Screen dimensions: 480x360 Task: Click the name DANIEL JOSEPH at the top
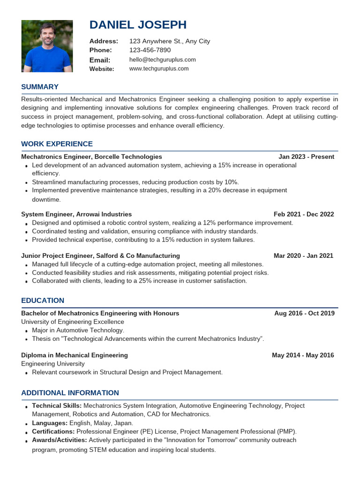138,25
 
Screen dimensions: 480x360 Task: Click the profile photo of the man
47,46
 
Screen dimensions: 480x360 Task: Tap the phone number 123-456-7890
150,50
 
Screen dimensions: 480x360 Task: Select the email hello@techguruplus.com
162,60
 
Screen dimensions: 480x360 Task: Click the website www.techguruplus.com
158,68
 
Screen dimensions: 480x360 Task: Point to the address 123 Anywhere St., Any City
169,41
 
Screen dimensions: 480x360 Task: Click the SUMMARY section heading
40,87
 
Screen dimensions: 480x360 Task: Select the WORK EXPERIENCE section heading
57,144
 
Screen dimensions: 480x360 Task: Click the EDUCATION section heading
43,300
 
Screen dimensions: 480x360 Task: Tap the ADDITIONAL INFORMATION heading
70,393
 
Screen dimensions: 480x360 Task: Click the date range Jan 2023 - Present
306,157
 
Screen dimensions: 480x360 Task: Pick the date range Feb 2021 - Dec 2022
304,214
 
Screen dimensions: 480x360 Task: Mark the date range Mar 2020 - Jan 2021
303,256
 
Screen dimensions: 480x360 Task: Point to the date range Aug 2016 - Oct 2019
304,313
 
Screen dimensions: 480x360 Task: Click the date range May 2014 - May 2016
303,355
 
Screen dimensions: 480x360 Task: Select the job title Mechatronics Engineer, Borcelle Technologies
91,157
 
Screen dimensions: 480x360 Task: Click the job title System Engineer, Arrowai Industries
76,214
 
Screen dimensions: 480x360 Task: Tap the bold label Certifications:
53,431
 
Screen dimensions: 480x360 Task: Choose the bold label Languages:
50,423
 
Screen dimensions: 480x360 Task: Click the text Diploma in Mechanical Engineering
75,355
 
